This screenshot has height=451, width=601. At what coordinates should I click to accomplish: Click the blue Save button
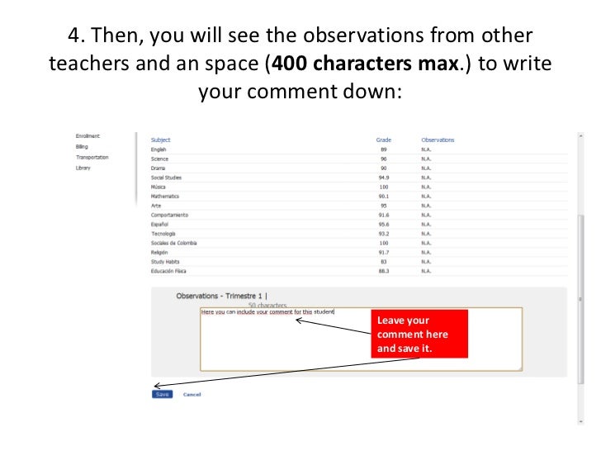tap(162, 394)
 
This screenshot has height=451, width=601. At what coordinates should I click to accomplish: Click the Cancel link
tap(192, 395)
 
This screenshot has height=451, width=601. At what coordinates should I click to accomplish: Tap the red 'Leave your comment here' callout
tap(421, 334)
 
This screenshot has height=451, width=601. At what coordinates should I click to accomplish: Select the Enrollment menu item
tap(88, 135)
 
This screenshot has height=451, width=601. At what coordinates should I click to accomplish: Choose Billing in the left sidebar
tap(82, 146)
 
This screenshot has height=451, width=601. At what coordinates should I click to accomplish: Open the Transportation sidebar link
tap(92, 157)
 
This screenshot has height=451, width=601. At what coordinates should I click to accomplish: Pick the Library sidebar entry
tap(83, 168)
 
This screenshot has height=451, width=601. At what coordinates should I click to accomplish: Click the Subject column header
tap(160, 140)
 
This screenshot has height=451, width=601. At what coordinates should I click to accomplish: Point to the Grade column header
tap(383, 140)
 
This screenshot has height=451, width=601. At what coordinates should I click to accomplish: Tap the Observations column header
tap(438, 140)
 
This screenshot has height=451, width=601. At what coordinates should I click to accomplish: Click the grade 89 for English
tap(383, 150)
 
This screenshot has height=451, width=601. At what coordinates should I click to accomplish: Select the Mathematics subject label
tap(164, 197)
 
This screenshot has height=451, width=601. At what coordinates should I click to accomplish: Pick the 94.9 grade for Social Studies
tap(383, 178)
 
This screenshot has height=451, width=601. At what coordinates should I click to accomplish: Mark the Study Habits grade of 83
tap(383, 261)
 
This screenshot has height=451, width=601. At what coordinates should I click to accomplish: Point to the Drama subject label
tap(159, 169)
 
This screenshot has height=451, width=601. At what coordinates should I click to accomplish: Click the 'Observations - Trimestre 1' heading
tap(221, 296)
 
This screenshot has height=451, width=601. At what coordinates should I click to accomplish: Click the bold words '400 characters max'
tap(363, 64)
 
